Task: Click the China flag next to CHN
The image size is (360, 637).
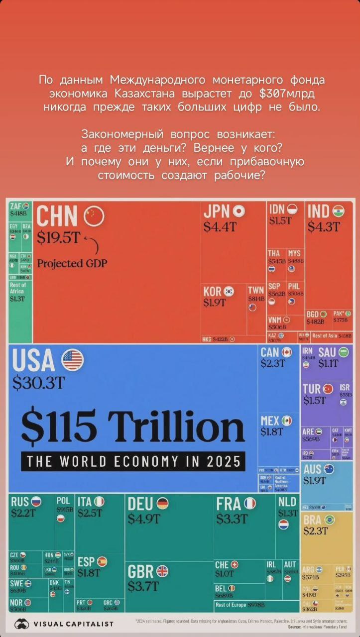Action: tap(94, 216)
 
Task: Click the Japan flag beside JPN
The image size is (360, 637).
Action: tap(239, 212)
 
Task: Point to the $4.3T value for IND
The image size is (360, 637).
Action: tap(323, 227)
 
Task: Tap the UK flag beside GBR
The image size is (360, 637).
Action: tap(162, 571)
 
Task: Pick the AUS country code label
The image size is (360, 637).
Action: tap(312, 469)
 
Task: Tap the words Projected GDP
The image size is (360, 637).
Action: tap(72, 263)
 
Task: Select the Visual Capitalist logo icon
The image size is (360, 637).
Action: tap(21, 624)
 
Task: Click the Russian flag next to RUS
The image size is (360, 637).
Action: tap(35, 502)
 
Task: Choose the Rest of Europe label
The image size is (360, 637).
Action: tap(231, 605)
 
